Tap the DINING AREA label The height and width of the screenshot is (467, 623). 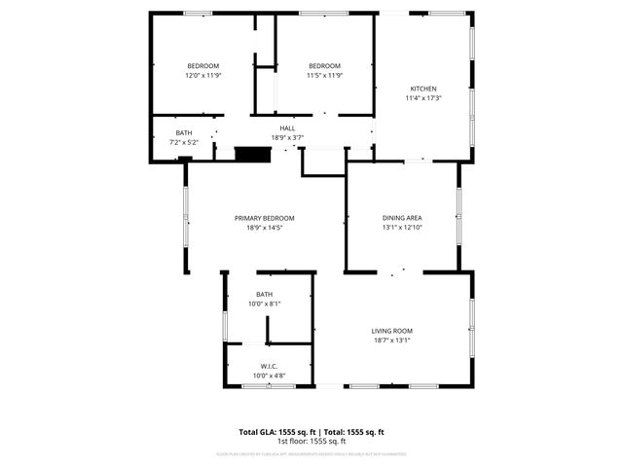click(401, 218)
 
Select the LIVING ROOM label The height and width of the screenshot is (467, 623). click(392, 331)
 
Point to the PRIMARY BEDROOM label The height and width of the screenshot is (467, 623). click(264, 218)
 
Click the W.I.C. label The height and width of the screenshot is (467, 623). click(269, 366)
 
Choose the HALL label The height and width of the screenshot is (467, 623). click(287, 128)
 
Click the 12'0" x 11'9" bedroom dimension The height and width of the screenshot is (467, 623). click(203, 75)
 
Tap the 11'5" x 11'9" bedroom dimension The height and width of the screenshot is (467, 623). click(324, 75)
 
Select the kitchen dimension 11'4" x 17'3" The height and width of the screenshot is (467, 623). click(423, 98)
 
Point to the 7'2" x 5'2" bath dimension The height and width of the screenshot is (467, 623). click(183, 142)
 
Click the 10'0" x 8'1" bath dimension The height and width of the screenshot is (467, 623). click(265, 304)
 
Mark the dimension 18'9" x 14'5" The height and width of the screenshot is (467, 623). click(264, 228)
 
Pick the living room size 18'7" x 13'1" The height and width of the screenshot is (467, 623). click(392, 340)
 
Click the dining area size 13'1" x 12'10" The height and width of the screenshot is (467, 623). click(401, 228)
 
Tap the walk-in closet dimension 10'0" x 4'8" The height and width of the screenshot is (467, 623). click(269, 376)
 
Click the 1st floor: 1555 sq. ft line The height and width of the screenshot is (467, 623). click(311, 441)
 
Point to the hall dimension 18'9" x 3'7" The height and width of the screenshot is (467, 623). click(287, 137)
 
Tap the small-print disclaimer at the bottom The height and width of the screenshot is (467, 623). click(311, 453)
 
